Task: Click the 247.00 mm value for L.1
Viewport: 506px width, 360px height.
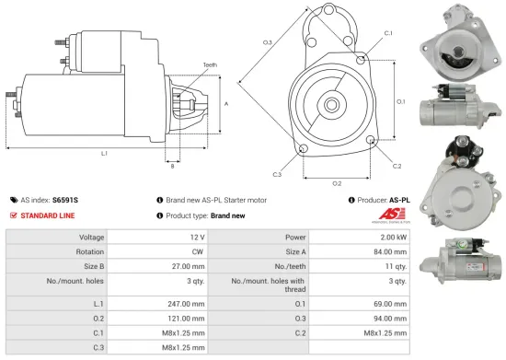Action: pos(180,302)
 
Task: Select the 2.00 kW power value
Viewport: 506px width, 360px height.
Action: pos(389,237)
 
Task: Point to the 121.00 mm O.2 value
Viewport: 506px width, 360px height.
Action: pos(180,318)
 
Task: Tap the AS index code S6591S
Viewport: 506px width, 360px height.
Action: pos(65,199)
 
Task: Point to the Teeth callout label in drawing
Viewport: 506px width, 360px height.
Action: pos(211,65)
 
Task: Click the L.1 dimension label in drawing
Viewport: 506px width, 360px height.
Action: pos(104,153)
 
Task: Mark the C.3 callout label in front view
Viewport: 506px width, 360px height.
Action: pos(277,173)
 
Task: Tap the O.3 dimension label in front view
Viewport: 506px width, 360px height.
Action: pos(267,42)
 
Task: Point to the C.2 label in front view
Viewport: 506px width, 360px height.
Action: pos(397,166)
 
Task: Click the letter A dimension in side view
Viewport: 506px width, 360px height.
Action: pos(226,104)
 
